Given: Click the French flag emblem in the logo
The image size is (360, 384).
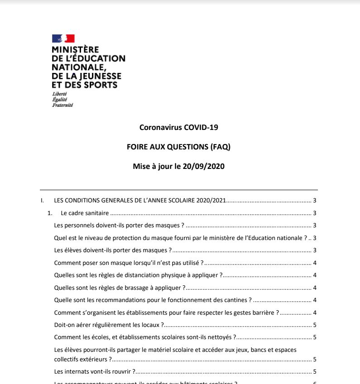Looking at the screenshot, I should coord(63,38).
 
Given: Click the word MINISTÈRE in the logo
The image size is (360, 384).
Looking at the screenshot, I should coord(75,50).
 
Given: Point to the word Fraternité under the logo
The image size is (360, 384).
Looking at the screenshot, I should coord(62,105).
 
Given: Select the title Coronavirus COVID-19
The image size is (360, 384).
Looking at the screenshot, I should coord(179,127).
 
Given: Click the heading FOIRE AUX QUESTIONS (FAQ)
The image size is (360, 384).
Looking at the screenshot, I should coord(179,147).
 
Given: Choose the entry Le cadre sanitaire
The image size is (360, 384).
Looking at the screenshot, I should coord(86,213).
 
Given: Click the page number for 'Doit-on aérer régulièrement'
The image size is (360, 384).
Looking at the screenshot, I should coord(314,325).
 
